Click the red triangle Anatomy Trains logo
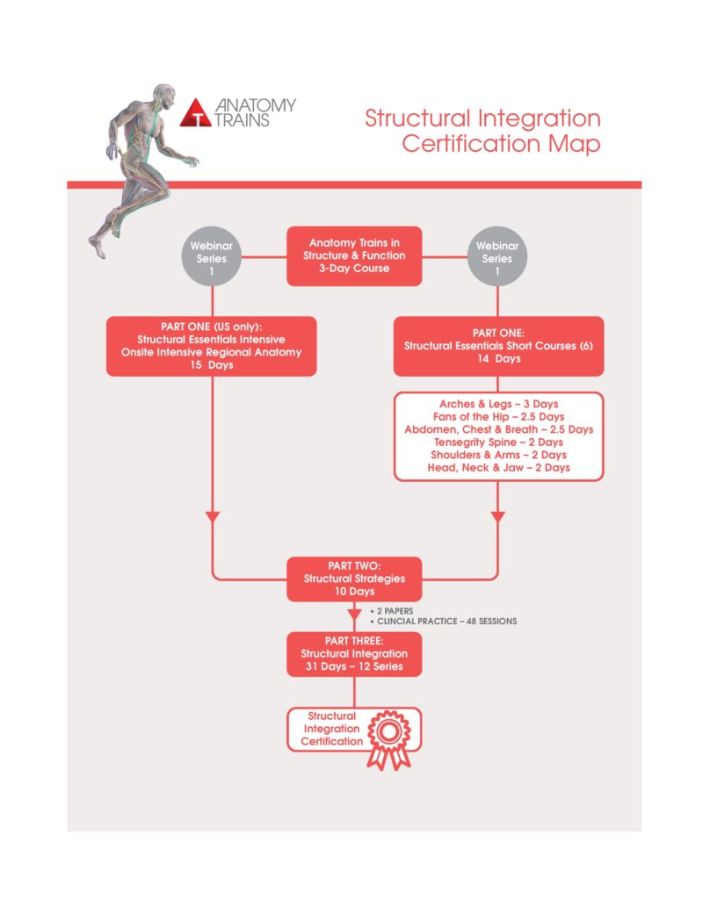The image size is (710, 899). coord(196,113)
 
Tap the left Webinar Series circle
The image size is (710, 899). coord(212,256)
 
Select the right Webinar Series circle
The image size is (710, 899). coord(497,256)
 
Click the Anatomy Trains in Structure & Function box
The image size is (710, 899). coord(354,255)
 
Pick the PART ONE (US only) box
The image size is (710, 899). coord(211,346)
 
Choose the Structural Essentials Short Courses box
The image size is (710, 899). coord(498,346)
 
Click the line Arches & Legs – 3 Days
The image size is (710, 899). coord(499,404)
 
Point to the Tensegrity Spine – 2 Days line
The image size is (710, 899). coord(498,442)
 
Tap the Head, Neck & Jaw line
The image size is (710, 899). coord(498,467)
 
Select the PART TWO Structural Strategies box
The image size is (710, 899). coord(354,579)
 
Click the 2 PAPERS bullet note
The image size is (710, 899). coord(392,611)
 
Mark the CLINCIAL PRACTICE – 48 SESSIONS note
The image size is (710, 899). coord(444,621)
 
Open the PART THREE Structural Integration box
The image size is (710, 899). coord(354,654)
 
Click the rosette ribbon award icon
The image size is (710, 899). coord(389,738)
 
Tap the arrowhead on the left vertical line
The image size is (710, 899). coord(213,517)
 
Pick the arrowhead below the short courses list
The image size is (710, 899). coord(497,517)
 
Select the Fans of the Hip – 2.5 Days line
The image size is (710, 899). coord(499,417)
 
